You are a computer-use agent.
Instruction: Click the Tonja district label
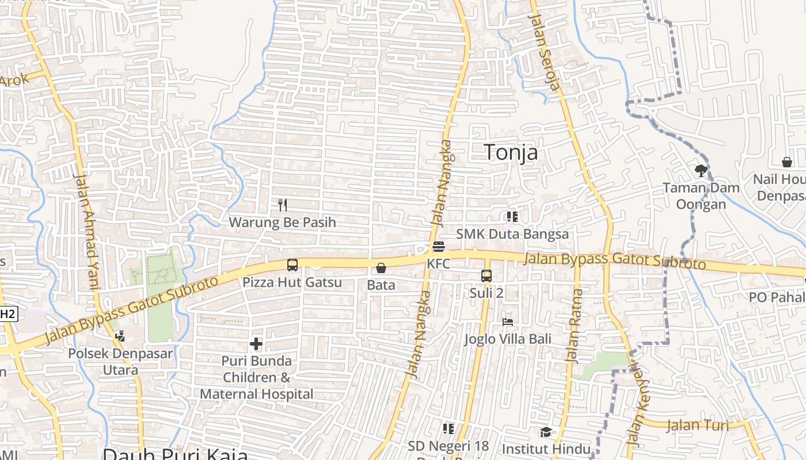511,152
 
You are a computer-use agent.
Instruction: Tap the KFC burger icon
438,247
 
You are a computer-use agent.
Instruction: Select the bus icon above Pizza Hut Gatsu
292,265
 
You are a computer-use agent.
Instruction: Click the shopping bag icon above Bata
381,268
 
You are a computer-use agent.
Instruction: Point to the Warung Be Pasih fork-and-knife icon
282,205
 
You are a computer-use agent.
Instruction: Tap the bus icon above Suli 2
486,276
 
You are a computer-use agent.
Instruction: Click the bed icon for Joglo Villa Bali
507,321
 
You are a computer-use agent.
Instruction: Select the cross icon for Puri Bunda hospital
256,344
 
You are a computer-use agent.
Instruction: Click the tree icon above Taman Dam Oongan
701,170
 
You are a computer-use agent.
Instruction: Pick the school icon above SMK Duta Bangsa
512,217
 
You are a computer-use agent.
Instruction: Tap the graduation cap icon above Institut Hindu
545,432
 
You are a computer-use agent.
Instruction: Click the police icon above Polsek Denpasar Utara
120,336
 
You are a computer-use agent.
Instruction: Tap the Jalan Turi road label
697,426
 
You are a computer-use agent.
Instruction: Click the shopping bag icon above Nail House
786,162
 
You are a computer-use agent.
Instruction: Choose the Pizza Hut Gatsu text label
292,282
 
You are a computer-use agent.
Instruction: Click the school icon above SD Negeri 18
448,429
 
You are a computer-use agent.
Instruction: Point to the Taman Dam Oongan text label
701,196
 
